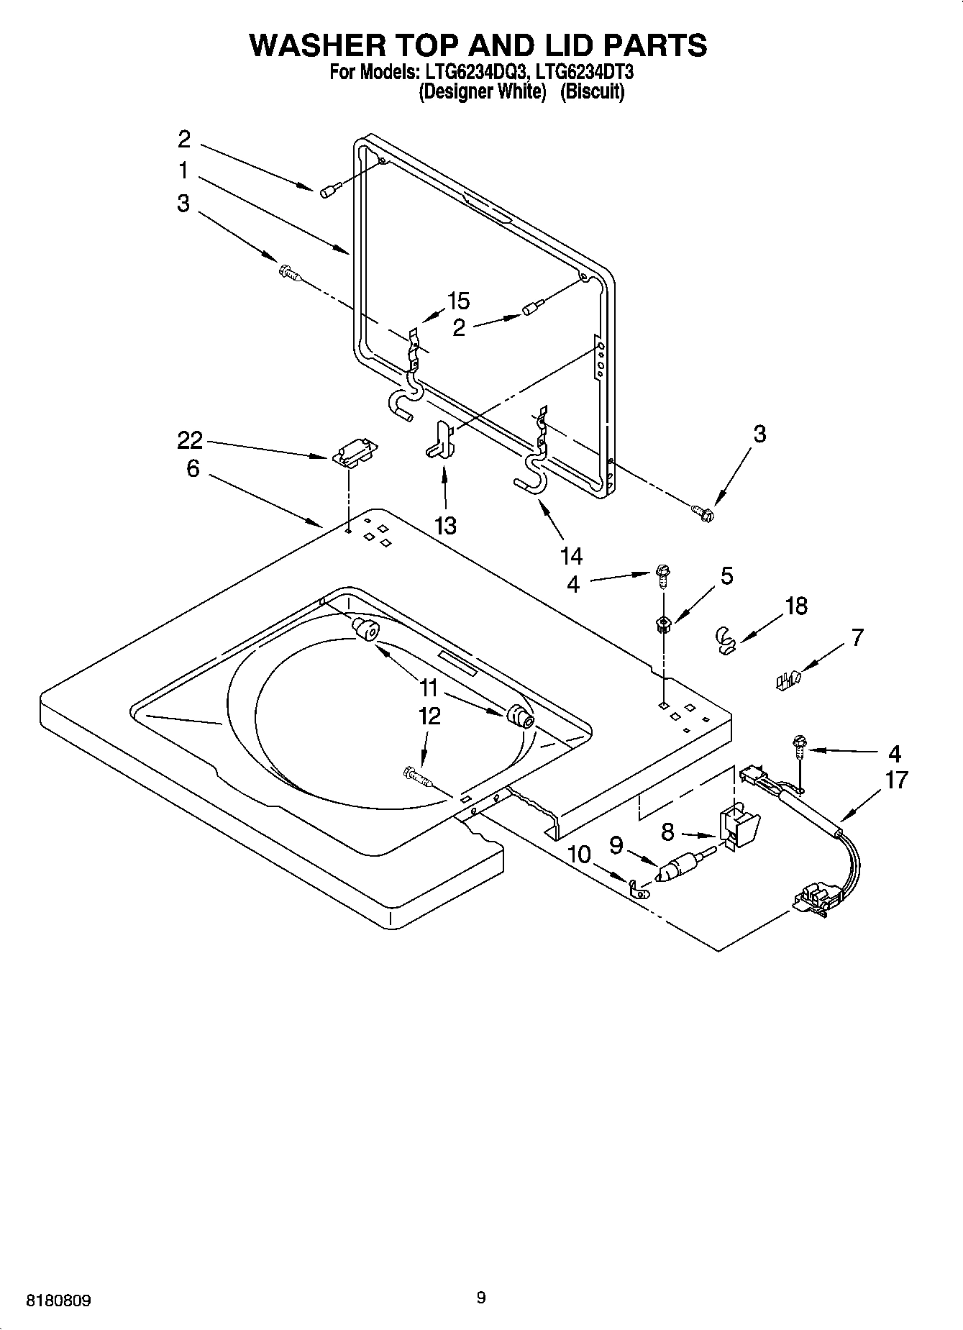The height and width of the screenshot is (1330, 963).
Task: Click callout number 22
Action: tap(190, 440)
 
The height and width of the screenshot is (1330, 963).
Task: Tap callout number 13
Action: tap(445, 526)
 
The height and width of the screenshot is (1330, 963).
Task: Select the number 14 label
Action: tap(570, 555)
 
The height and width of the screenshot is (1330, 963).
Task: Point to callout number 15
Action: tap(458, 301)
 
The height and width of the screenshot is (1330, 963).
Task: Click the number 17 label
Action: tap(896, 780)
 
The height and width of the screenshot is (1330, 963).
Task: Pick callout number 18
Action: tap(796, 606)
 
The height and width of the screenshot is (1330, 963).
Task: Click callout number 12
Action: tap(429, 716)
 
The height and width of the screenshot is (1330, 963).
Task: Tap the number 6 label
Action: tap(192, 469)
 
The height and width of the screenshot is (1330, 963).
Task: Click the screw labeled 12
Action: tap(416, 776)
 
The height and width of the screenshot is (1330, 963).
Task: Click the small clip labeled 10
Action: tap(637, 890)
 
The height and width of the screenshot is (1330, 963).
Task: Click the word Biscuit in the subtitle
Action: tap(592, 92)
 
